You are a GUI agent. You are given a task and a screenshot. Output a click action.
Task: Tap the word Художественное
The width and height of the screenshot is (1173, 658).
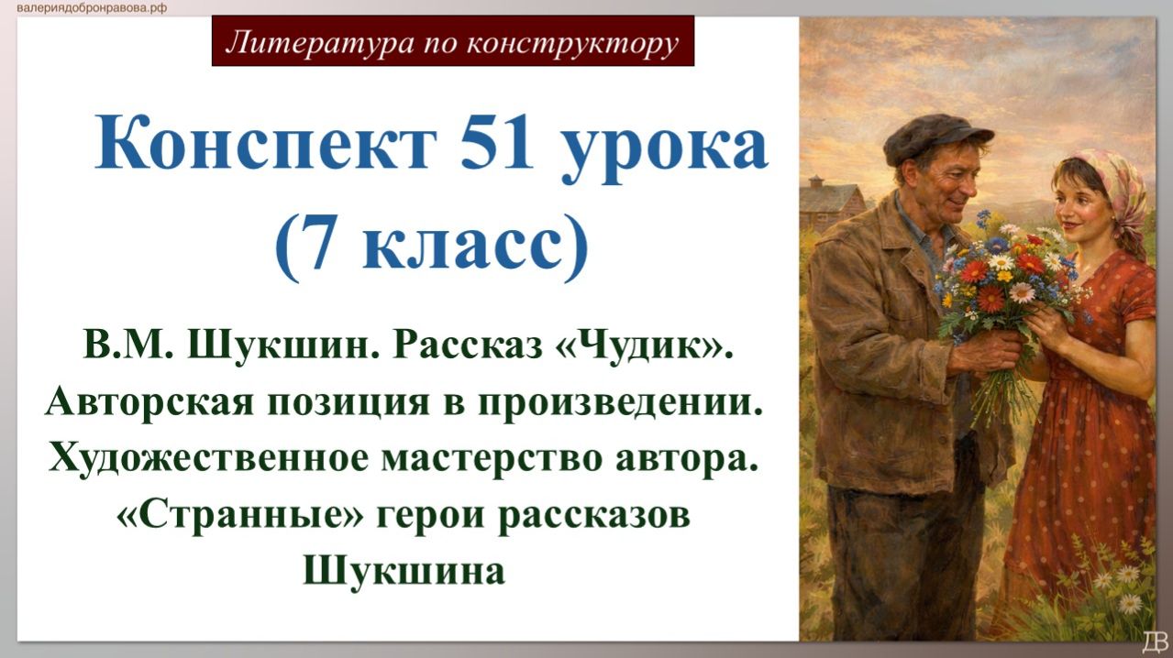click(x=207, y=457)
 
